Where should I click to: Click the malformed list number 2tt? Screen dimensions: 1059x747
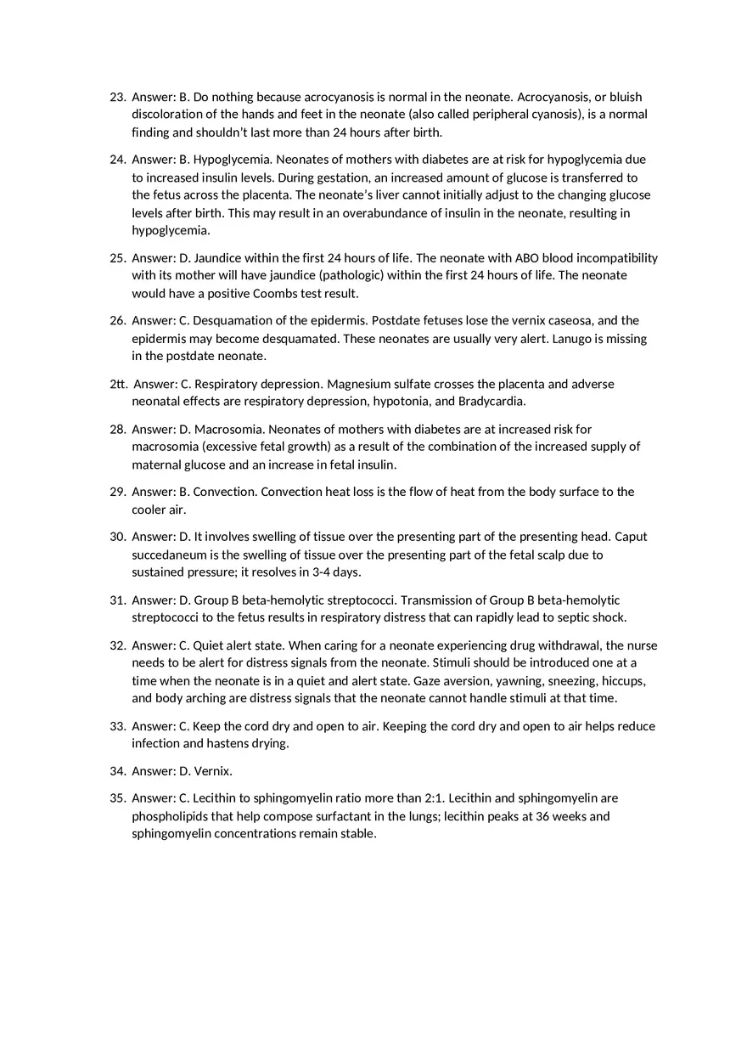tap(118, 384)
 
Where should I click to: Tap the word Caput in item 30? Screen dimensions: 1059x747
tap(631, 536)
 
